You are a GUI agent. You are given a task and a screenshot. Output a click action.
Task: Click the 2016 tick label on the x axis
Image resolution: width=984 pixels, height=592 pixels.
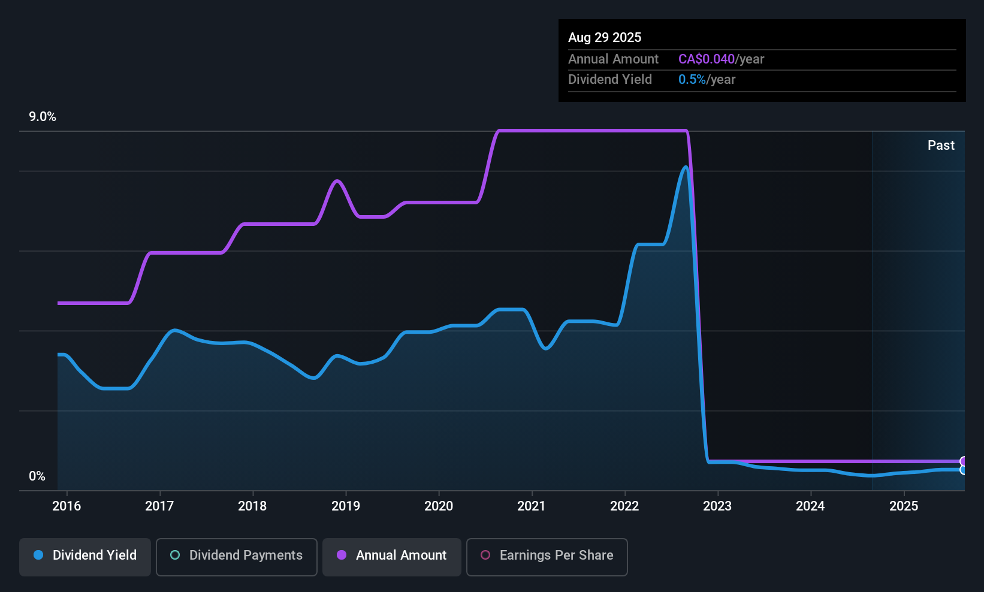(x=67, y=506)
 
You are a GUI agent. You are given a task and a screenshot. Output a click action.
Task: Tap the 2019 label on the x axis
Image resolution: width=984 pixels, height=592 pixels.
(x=346, y=506)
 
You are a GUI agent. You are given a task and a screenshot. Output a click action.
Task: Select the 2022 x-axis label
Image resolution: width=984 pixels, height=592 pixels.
(x=624, y=506)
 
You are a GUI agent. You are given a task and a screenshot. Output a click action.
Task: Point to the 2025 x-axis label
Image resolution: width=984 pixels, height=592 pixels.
(x=904, y=506)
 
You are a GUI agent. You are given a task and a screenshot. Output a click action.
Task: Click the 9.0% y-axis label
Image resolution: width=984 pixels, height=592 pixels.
(x=43, y=117)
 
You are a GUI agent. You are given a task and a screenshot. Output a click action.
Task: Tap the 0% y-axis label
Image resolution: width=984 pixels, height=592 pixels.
(x=37, y=476)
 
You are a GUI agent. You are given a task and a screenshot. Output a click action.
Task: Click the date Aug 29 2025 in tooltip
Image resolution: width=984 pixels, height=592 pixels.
(x=605, y=38)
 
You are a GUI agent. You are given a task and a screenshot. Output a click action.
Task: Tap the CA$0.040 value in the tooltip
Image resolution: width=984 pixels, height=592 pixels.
(x=706, y=59)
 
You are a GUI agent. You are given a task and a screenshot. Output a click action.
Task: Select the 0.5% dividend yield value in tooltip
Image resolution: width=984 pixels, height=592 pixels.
(x=692, y=80)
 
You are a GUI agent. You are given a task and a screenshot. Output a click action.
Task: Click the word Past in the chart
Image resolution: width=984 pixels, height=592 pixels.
(x=941, y=146)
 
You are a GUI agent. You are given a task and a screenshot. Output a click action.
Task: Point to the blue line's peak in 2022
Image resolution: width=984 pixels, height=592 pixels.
(x=686, y=167)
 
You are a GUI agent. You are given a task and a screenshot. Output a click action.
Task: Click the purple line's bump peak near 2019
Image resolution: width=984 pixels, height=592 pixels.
(x=337, y=180)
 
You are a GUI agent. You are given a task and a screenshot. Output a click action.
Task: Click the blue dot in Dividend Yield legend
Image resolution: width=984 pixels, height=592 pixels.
(x=38, y=555)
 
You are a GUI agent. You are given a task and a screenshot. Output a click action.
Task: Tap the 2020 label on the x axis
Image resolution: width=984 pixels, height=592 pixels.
(x=439, y=506)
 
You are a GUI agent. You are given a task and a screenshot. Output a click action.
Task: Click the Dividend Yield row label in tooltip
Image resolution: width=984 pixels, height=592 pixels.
(x=609, y=80)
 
